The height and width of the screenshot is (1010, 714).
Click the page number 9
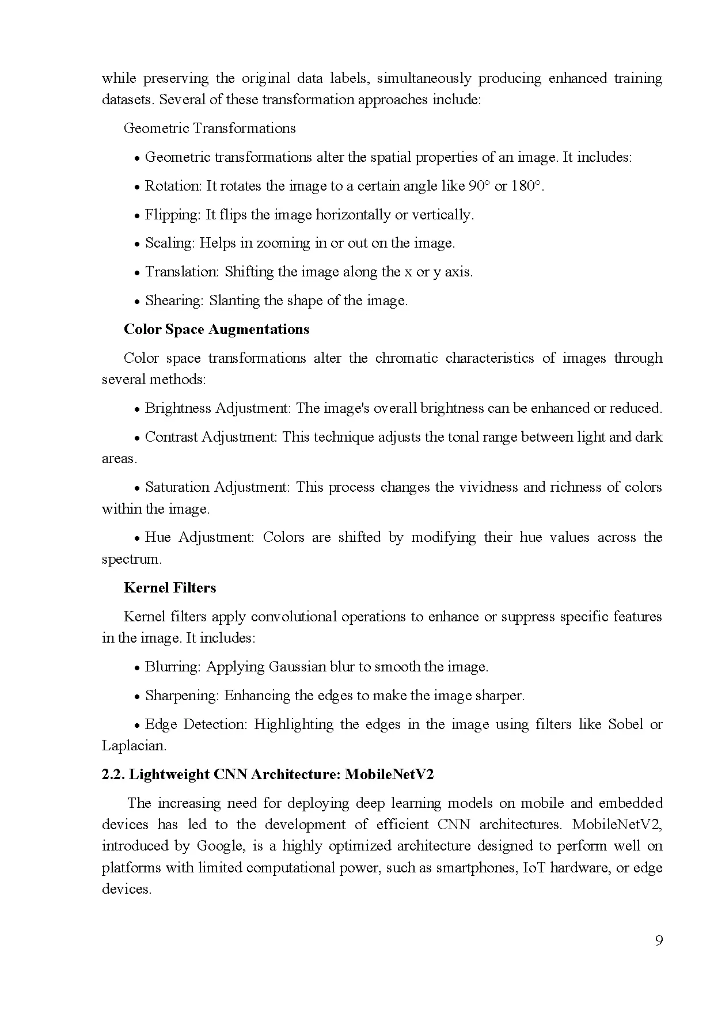(x=659, y=941)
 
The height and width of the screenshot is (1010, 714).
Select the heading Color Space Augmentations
(x=217, y=329)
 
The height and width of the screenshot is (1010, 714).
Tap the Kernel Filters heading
(x=170, y=588)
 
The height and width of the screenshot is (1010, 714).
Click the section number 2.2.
(x=113, y=774)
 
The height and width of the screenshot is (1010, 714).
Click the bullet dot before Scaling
(x=138, y=244)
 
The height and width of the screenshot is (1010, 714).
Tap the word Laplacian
(x=133, y=746)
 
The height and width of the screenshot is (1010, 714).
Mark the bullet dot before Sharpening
(x=138, y=697)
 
